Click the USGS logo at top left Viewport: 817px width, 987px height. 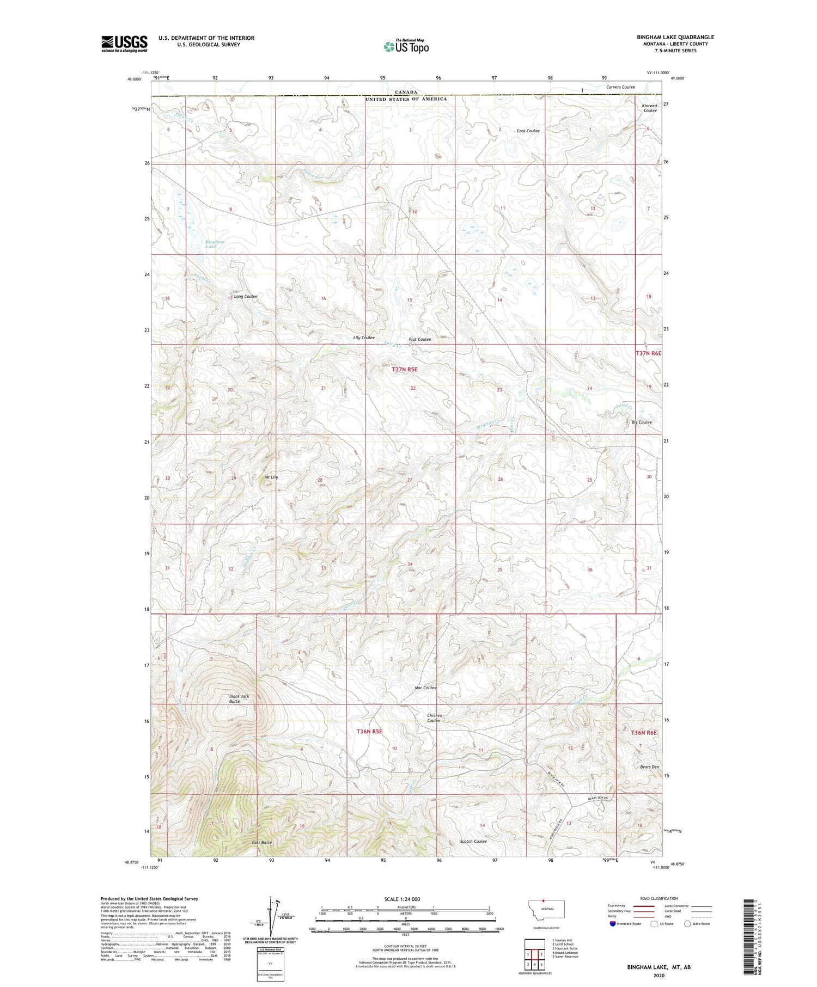point(124,44)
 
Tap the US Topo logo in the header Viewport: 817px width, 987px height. point(406,47)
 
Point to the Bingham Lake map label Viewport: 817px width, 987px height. point(215,244)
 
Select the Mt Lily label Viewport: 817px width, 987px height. point(271,477)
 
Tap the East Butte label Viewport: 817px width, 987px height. point(262,842)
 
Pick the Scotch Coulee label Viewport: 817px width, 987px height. point(473,841)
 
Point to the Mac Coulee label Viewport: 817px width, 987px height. point(425,688)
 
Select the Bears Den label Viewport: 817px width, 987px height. point(649,767)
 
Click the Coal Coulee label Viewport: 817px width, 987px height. point(528,131)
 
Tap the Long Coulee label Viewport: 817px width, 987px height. point(246,296)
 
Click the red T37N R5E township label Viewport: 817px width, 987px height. point(404,369)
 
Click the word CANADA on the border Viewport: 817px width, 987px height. point(406,92)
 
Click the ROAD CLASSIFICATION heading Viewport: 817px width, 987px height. point(659,898)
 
